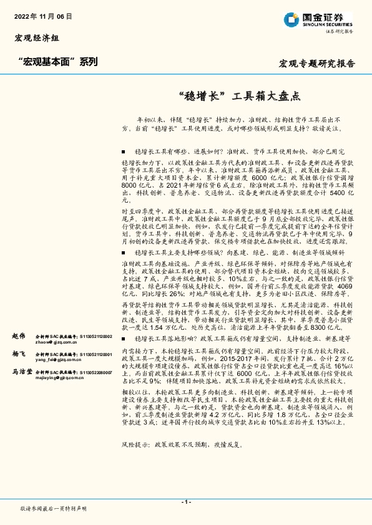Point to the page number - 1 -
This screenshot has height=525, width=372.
(x=186, y=502)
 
